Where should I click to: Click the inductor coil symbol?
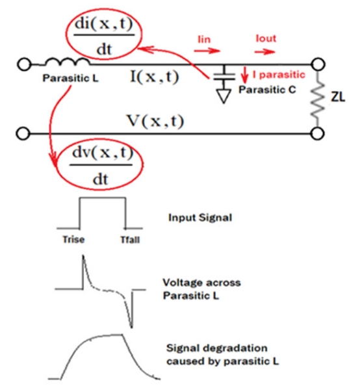coord(67,62)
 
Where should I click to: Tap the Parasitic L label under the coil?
coord(71,79)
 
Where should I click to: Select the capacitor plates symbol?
coord(224,76)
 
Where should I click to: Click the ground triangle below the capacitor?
coord(224,96)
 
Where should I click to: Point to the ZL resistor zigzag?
coord(318,99)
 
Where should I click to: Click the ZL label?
coord(338,97)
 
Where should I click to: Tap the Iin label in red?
coord(204,39)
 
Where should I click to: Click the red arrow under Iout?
coord(265,51)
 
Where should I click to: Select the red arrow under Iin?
coord(207,51)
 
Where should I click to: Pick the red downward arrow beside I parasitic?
coord(245,75)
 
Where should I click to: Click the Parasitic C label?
coord(267,90)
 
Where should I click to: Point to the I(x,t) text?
coord(155,77)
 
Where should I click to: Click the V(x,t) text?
coord(156,122)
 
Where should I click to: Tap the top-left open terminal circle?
coord(24,64)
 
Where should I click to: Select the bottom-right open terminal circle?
coord(318,133)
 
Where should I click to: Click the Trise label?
coord(73,239)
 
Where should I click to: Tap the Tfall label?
coord(130,240)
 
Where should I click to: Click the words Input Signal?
coord(200,218)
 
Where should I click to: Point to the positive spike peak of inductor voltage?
coord(83,256)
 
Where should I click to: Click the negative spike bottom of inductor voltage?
coord(131,327)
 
